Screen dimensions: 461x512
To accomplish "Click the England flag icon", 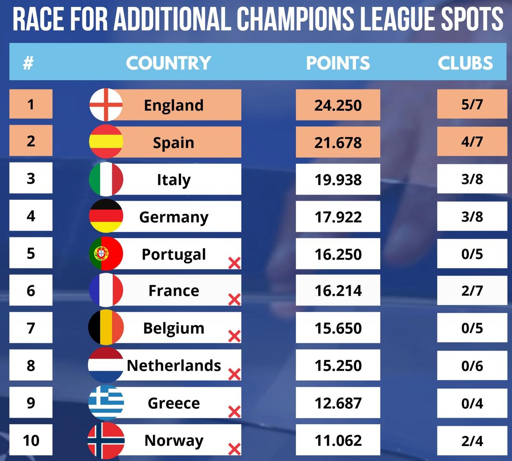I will click(106, 105).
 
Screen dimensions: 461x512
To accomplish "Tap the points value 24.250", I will click(338, 105).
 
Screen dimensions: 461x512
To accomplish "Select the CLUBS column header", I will click(465, 63).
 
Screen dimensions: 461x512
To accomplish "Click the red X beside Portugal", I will click(234, 263).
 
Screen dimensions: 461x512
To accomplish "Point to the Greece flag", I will click(106, 402).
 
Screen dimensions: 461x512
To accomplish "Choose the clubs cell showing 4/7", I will click(472, 142).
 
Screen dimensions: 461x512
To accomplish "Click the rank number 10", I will click(31, 440).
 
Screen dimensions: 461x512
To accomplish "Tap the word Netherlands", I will click(174, 366).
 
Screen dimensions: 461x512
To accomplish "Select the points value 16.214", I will click(338, 291).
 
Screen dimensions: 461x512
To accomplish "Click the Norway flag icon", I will click(106, 440).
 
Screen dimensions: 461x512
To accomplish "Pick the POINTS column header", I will click(338, 63).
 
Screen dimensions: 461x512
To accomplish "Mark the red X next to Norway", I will click(234, 449).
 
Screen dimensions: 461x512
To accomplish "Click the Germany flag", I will click(106, 216).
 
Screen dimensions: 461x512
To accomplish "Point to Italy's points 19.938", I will click(338, 180).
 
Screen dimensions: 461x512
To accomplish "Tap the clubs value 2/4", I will click(472, 441).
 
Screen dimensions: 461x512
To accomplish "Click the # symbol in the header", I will click(28, 63).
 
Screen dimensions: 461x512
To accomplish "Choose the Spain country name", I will click(174, 143).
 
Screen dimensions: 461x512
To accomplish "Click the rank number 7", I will click(31, 328).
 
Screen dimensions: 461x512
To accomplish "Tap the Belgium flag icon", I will click(106, 328).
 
